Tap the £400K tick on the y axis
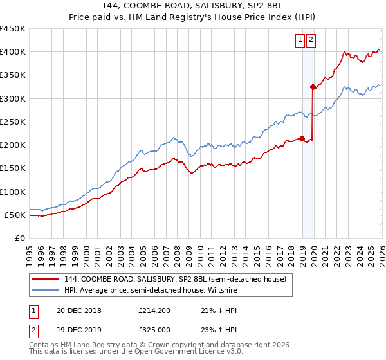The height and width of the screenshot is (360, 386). point(13,52)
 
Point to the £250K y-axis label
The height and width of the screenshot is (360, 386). point(13,122)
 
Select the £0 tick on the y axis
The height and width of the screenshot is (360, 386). point(19,238)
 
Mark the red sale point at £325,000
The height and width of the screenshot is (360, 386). point(313,87)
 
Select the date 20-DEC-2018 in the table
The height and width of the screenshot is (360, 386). point(78,310)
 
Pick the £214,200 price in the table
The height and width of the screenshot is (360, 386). point(153,310)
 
